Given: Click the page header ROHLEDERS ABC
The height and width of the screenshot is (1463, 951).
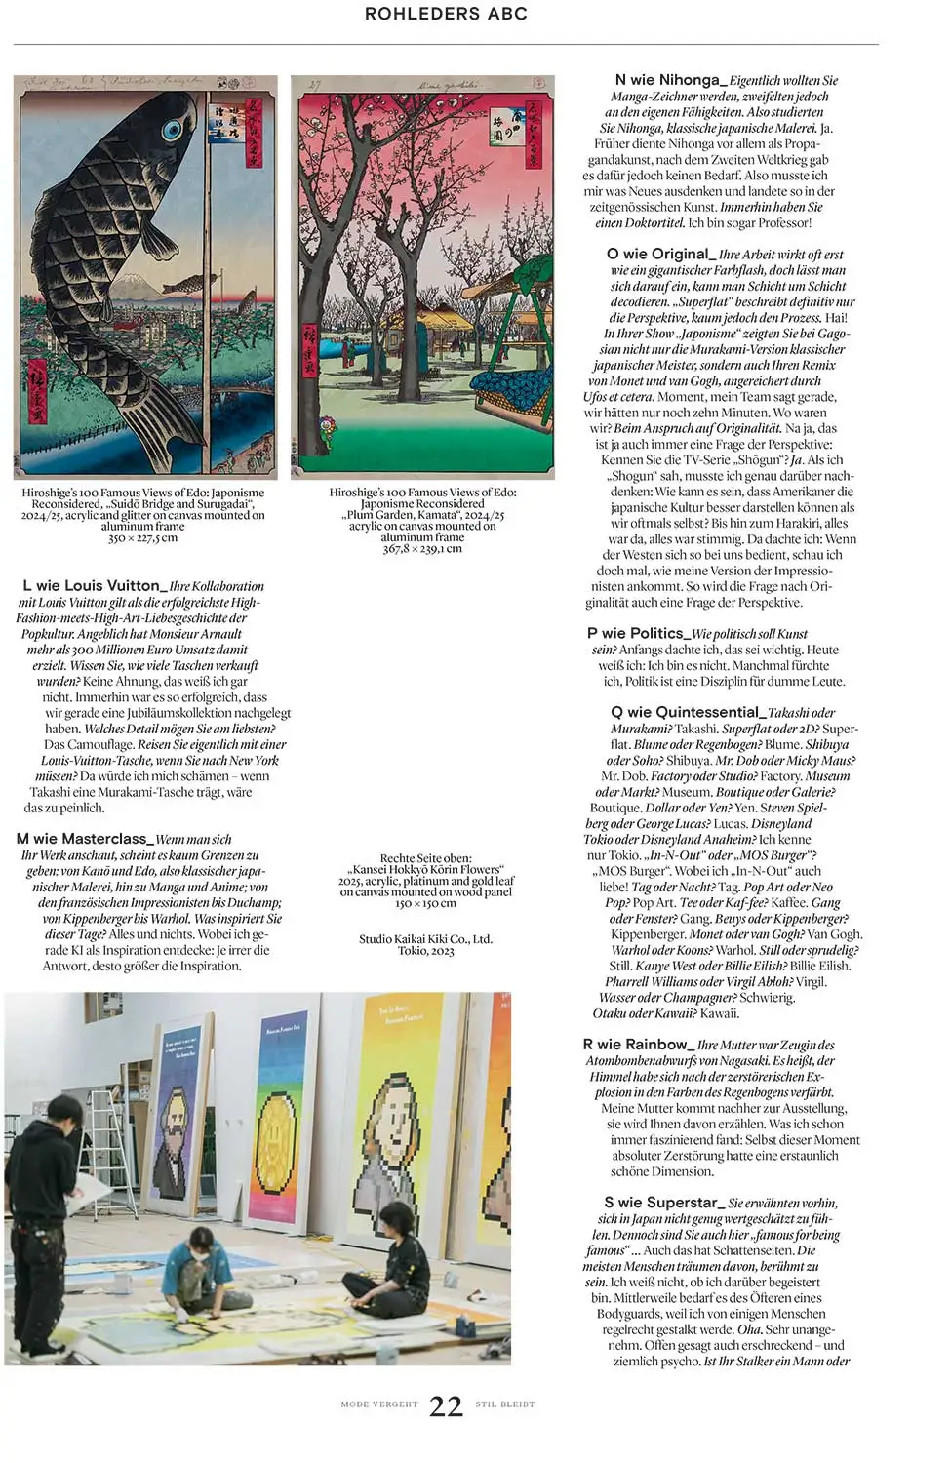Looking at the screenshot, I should point(446,14).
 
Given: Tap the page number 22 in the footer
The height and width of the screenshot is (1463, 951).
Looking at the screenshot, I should point(446,1405).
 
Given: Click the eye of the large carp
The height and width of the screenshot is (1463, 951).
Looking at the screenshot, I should point(175,129).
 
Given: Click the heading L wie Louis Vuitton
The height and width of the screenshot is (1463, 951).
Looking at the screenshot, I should point(91,585).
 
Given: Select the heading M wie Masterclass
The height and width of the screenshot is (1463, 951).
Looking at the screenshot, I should point(84,839).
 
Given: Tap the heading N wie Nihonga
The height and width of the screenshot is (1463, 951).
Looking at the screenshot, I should point(667,80).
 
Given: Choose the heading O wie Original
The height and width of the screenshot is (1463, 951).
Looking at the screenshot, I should point(660,254).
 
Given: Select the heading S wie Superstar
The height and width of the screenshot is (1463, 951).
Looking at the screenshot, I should point(663,1203).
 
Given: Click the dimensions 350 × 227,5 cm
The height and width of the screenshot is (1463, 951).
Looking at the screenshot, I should point(142,538).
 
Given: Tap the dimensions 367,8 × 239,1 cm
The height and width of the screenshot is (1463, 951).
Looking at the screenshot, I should point(422,548).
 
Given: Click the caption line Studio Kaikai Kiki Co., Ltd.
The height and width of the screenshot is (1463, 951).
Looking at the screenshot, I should point(425,939).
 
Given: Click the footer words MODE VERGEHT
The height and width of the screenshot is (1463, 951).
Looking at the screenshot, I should point(378,1404).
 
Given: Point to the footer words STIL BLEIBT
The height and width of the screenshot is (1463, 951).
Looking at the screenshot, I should point(505,1404).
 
